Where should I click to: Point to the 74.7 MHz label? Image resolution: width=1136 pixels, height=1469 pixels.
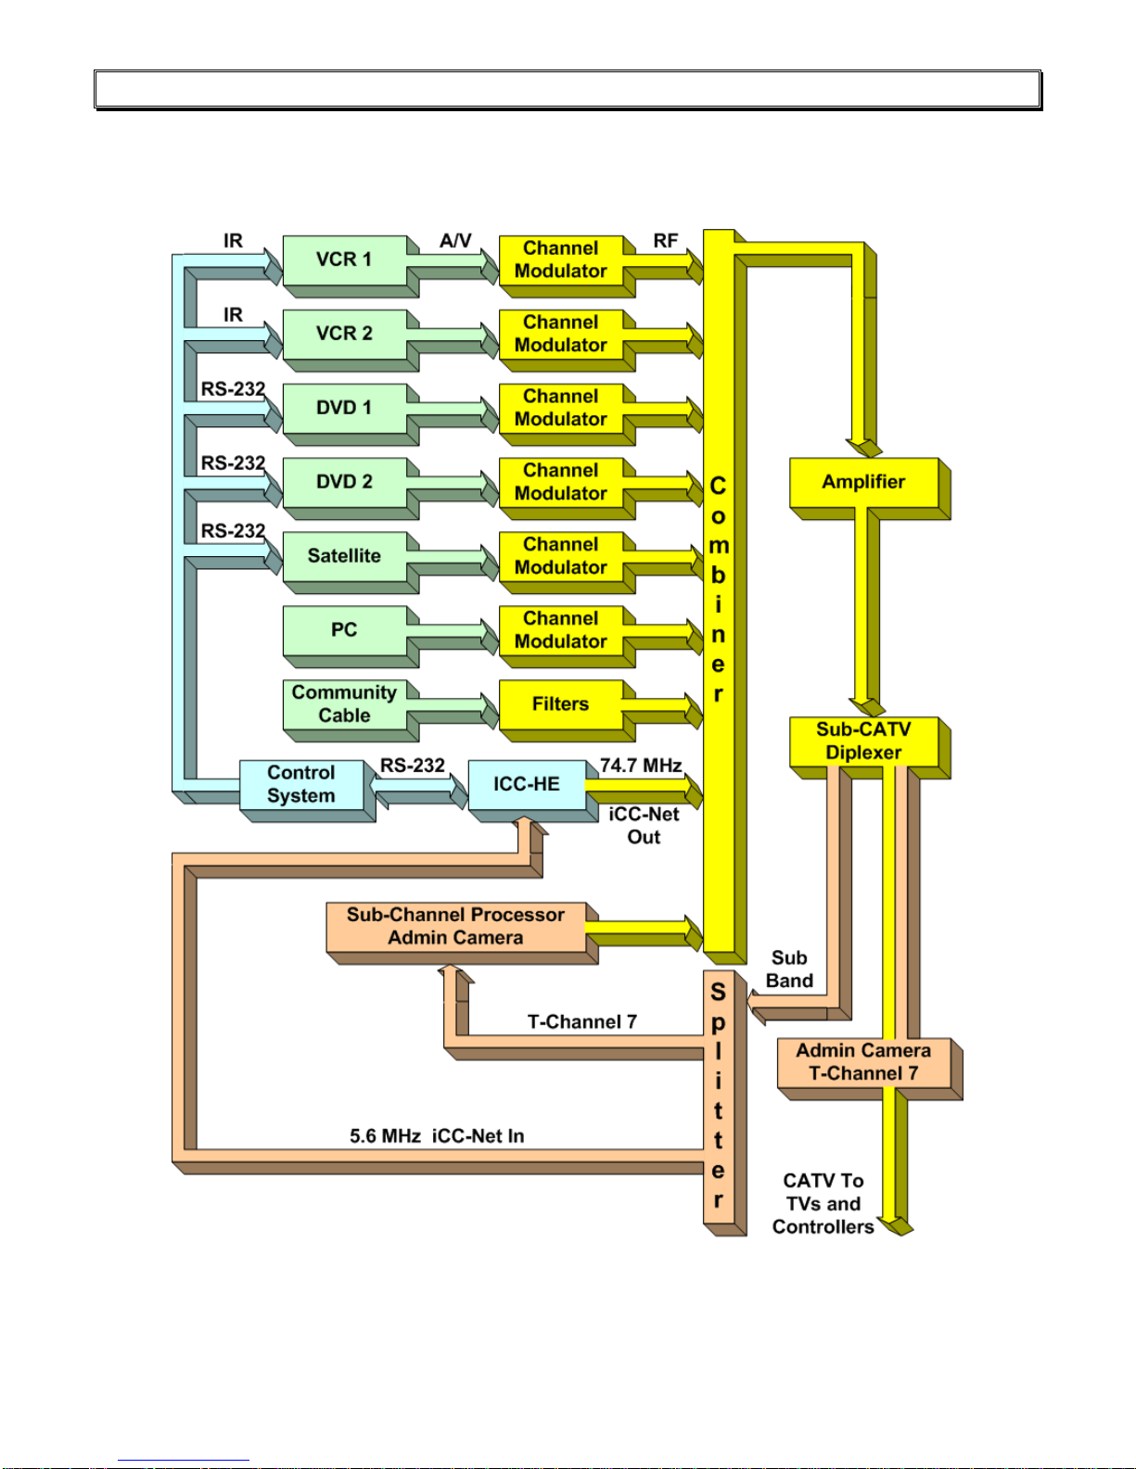tap(641, 766)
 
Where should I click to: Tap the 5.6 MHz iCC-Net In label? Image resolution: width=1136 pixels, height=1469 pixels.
tap(437, 1135)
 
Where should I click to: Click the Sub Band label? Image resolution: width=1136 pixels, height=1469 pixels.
tap(789, 969)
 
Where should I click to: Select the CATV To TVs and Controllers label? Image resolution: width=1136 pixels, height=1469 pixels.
tap(823, 1203)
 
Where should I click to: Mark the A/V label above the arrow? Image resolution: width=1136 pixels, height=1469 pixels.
tap(455, 241)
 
